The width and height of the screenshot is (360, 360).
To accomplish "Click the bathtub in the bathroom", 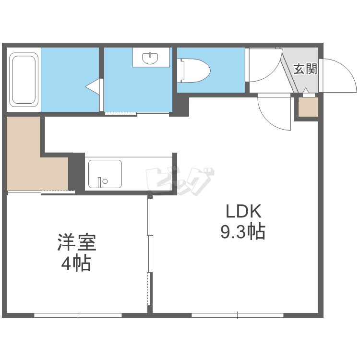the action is (x=24, y=80).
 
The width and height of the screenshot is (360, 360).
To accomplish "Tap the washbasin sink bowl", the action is (x=150, y=58).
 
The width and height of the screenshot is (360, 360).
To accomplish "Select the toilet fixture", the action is (x=194, y=71).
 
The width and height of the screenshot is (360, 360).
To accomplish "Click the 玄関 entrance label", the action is (x=305, y=69).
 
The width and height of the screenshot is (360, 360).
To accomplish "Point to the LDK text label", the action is (x=243, y=211).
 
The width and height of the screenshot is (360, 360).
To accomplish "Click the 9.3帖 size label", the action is (x=243, y=231).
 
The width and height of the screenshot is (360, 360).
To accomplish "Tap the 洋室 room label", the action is (x=77, y=242).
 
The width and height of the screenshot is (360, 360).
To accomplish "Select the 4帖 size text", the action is (x=76, y=263).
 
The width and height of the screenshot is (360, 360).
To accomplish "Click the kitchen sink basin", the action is (x=105, y=174).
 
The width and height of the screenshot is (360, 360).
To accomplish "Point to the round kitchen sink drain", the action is (x=105, y=181).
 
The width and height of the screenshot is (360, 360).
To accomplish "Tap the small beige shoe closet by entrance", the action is (x=308, y=107).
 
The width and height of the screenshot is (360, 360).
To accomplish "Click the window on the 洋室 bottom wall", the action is (x=78, y=315).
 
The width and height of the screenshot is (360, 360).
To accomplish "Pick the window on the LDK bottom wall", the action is (x=238, y=315).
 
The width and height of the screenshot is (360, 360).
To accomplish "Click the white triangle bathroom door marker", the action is (x=93, y=86).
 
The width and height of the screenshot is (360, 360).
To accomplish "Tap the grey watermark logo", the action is (x=180, y=181).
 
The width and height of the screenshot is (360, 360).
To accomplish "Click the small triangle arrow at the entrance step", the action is (x=306, y=90).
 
